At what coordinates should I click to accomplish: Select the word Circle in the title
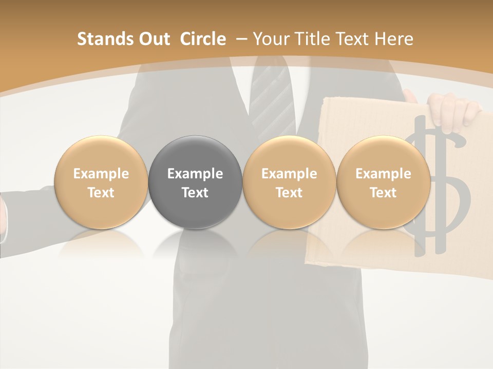pyautogui.click(x=203, y=39)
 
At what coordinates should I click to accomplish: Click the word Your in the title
pyautogui.click(x=270, y=39)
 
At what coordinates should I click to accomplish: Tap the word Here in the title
pyautogui.click(x=395, y=39)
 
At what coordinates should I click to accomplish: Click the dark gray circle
pyautogui.click(x=195, y=182)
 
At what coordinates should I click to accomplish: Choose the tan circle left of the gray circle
pyautogui.click(x=101, y=182)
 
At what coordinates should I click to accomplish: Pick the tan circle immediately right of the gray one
pyautogui.click(x=289, y=182)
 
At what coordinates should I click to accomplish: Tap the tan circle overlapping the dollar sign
pyautogui.click(x=383, y=182)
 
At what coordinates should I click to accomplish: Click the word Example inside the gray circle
pyautogui.click(x=195, y=174)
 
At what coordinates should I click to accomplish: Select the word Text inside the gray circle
pyautogui.click(x=195, y=193)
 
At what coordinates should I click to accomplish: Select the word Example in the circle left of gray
pyautogui.click(x=101, y=174)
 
